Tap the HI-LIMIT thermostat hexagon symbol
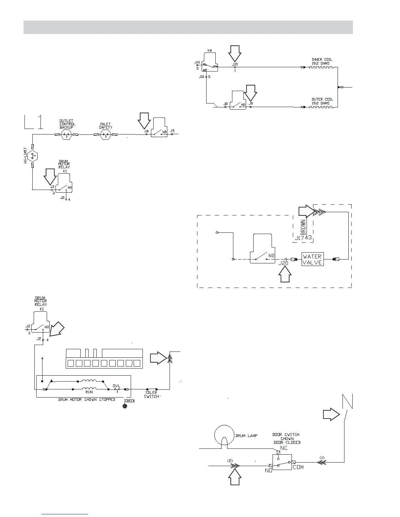[x=32, y=156]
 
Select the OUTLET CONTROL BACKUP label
[x=67, y=124]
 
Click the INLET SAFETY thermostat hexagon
[x=106, y=134]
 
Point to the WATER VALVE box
[x=312, y=259]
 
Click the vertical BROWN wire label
[x=303, y=227]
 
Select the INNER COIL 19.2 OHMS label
[x=322, y=61]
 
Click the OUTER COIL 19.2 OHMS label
[x=322, y=101]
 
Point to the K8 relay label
[x=210, y=51]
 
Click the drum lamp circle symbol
[x=225, y=435]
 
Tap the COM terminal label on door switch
[x=298, y=467]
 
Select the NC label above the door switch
[x=284, y=448]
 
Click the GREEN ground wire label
[x=130, y=401]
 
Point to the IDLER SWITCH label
[x=151, y=394]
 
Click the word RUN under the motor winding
[x=89, y=392]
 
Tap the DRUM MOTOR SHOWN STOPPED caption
[x=87, y=399]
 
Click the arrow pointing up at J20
[x=285, y=274]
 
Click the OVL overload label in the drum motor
[x=117, y=385]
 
